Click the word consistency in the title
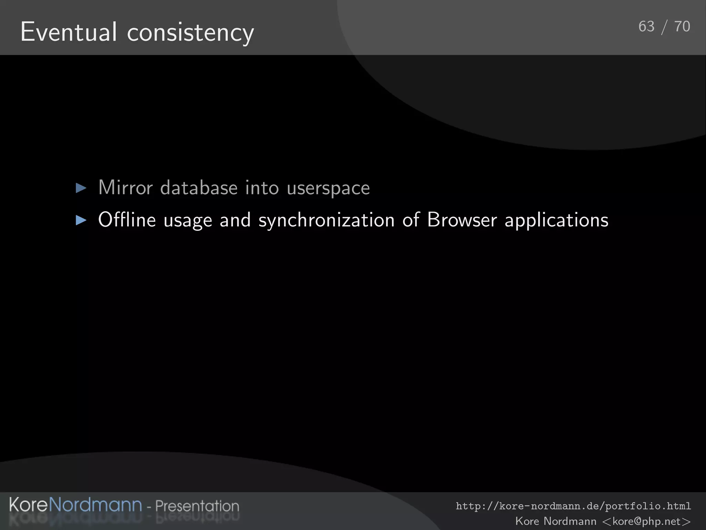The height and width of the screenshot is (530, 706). click(x=191, y=33)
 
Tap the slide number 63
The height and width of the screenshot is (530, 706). click(x=646, y=27)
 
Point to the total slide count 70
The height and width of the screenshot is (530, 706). click(x=682, y=27)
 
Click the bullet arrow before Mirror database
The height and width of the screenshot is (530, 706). click(x=81, y=188)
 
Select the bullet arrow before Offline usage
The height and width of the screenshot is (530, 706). click(x=81, y=220)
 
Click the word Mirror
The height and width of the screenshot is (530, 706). click(x=125, y=188)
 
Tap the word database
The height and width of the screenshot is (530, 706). click(x=199, y=188)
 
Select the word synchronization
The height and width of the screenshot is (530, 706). click(x=326, y=220)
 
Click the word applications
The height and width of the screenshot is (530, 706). click(x=556, y=220)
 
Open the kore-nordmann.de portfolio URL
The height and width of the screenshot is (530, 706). click(x=573, y=506)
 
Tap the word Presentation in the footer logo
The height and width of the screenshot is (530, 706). click(x=197, y=506)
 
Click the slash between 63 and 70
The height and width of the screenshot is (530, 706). click(x=664, y=27)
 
